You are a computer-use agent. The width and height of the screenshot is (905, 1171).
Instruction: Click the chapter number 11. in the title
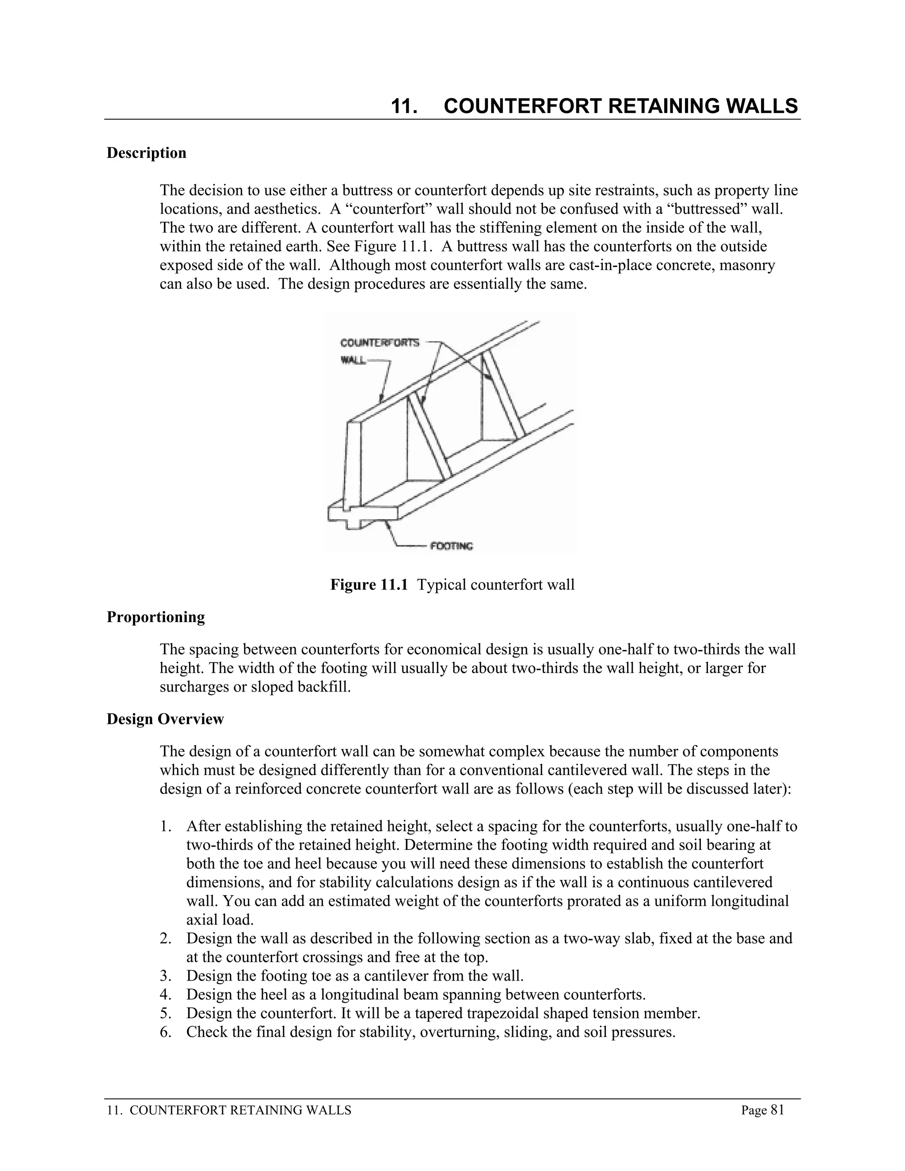click(x=404, y=106)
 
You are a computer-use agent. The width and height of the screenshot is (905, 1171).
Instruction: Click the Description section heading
click(x=146, y=153)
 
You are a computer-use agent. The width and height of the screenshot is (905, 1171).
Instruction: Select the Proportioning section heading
click(x=156, y=617)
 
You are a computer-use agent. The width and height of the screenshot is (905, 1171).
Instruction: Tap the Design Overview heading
click(x=165, y=719)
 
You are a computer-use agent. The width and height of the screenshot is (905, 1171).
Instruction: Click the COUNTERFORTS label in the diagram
click(x=380, y=342)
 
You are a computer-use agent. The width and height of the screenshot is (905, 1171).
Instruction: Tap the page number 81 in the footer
click(x=777, y=1110)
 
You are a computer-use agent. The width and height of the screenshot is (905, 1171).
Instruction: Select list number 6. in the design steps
click(x=166, y=1032)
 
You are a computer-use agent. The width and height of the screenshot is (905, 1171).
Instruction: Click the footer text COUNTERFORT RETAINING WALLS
click(x=241, y=1110)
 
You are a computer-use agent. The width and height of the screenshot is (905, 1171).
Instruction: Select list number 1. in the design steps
click(x=166, y=826)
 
